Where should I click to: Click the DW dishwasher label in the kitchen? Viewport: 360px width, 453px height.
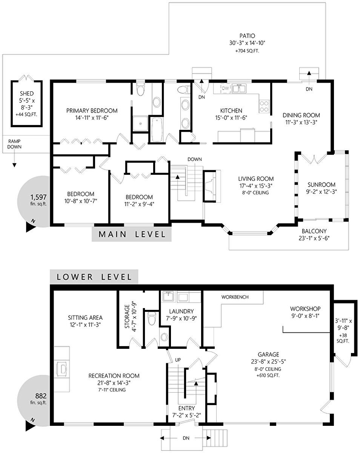225,88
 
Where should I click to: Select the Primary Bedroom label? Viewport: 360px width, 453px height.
92,111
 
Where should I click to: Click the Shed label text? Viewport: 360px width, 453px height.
27,94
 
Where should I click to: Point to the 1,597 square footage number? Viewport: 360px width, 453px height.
38,197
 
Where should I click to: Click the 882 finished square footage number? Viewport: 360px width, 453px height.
41,396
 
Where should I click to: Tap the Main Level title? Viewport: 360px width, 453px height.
132,234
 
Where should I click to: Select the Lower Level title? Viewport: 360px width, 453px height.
94,277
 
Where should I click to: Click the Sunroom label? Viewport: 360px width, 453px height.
321,185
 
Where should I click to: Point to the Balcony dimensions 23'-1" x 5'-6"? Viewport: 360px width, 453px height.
314,238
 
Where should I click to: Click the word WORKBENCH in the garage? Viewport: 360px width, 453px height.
235,297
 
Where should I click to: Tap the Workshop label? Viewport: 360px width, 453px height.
305,309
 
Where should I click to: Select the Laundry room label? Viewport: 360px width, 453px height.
182,311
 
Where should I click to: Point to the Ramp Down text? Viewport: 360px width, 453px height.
14,144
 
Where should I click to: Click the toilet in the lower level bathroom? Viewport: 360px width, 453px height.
152,319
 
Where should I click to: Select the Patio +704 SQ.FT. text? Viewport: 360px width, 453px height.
247,51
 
